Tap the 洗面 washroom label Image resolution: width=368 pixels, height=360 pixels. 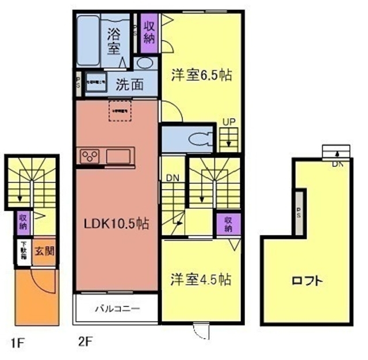pos(130,84)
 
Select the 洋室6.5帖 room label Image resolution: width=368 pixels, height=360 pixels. pos(201,75)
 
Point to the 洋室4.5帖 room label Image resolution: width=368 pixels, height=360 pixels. pos(201,279)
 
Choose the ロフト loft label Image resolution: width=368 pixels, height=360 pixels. pos(306,281)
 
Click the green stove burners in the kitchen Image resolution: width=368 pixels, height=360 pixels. pos(90,156)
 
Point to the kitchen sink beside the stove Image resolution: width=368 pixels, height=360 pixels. pos(119,156)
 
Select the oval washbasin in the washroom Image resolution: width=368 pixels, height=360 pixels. pos(146,63)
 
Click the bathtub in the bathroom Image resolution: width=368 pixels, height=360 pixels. pos(89,36)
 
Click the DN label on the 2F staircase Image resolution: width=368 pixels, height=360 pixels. pos(173,178)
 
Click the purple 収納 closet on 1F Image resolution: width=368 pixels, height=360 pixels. pos(23,221)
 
